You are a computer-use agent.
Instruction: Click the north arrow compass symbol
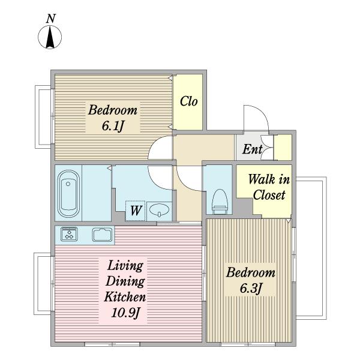pyautogui.click(x=50, y=37)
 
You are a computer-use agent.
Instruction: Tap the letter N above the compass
pyautogui.click(x=51, y=19)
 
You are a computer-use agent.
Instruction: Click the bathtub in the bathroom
pyautogui.click(x=68, y=194)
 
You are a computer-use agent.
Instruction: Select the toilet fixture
pyautogui.click(x=220, y=200)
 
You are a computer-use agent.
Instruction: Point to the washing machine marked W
pyautogui.click(x=135, y=211)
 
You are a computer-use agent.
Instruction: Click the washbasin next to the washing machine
pyautogui.click(x=160, y=210)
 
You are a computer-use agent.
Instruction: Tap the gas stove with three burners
pyautogui.click(x=69, y=234)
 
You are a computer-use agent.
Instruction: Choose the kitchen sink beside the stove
pyautogui.click(x=103, y=235)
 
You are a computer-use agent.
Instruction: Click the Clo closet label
pyautogui.click(x=189, y=101)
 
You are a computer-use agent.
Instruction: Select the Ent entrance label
pyautogui.click(x=253, y=149)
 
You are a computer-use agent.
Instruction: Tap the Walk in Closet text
pyautogui.click(x=269, y=187)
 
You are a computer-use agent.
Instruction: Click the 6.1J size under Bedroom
pyautogui.click(x=113, y=126)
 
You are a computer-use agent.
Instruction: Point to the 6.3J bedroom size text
pyautogui.click(x=251, y=288)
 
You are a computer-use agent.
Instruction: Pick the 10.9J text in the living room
pyautogui.click(x=125, y=312)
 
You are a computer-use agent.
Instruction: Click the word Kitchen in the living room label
pyautogui.click(x=125, y=296)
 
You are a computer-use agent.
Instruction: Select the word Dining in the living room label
pyautogui.click(x=125, y=281)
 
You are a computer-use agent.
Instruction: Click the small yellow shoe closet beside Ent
pyautogui.click(x=283, y=148)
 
